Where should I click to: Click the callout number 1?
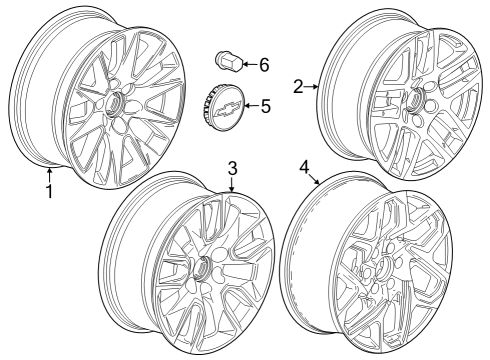[x=48, y=189]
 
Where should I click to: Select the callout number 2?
[x=298, y=87]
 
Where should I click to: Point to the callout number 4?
[x=304, y=165]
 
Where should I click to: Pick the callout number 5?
[x=265, y=105]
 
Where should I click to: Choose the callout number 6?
[x=264, y=65]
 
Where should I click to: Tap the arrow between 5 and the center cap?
[x=250, y=105]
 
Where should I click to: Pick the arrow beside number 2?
[x=313, y=87]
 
